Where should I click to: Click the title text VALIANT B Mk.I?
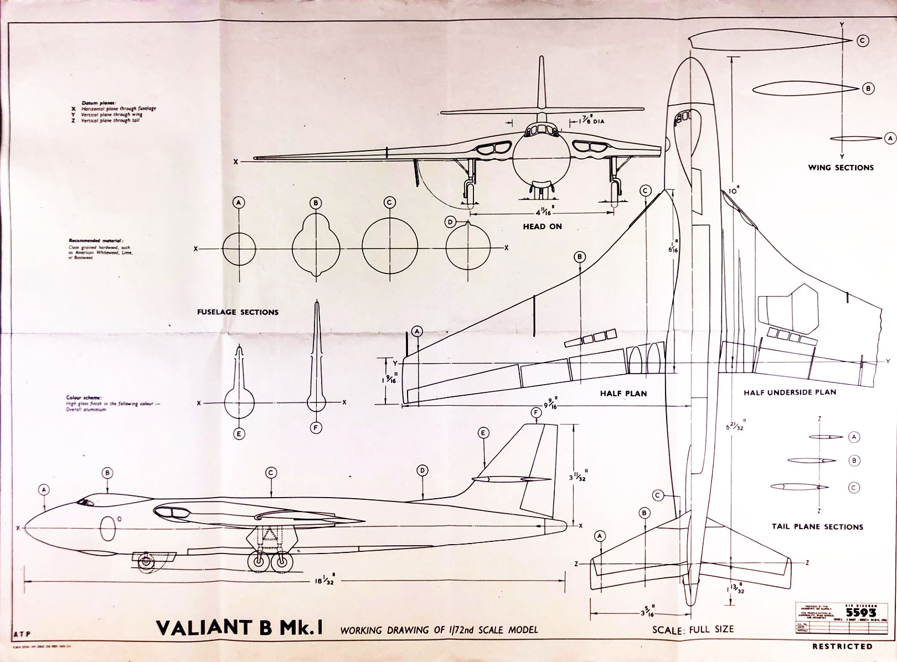(240, 627)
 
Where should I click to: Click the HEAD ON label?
(542, 226)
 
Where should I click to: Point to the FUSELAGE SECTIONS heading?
(238, 312)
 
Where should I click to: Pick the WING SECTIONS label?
(840, 167)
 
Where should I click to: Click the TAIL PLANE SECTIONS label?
(817, 526)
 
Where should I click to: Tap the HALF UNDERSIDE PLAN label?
(790, 392)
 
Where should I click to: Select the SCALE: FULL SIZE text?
(693, 629)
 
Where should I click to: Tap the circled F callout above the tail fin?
(535, 413)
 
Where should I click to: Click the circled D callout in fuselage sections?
(450, 222)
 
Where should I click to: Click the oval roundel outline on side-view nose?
(109, 528)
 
